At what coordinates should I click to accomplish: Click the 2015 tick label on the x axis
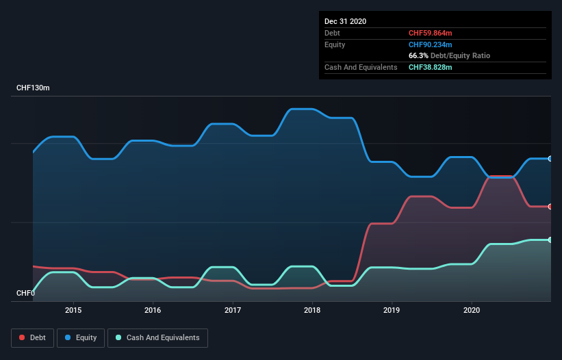(73, 309)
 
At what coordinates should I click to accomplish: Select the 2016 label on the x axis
(153, 309)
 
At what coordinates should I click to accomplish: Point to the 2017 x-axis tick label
(233, 309)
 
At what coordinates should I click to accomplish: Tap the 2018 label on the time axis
(312, 309)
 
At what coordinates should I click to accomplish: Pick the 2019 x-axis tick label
(392, 309)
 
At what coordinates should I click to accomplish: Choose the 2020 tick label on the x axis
(472, 309)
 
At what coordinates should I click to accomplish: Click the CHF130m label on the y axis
(33, 88)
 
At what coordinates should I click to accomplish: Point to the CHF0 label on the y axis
(25, 294)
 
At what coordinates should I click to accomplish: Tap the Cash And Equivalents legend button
(157, 337)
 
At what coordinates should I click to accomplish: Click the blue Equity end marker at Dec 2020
(550, 159)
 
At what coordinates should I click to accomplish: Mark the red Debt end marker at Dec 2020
(550, 207)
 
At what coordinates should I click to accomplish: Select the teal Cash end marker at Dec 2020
(550, 240)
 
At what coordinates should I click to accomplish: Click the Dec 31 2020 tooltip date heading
(345, 21)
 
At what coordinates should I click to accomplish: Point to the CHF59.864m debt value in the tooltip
(431, 33)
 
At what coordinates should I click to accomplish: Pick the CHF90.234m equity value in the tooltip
(431, 44)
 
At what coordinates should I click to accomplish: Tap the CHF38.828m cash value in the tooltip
(431, 67)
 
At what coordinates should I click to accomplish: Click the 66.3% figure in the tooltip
(420, 55)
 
